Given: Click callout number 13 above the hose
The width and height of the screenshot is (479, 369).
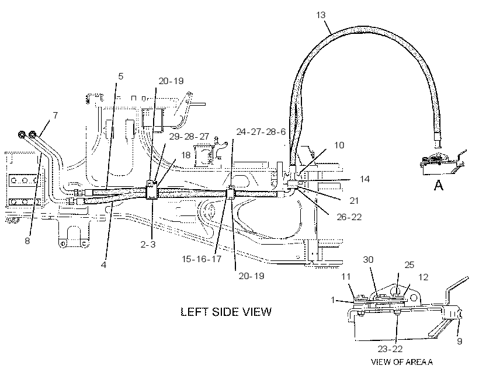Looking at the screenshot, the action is [321, 15].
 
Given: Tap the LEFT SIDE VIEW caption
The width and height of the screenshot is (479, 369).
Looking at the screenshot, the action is [226, 312].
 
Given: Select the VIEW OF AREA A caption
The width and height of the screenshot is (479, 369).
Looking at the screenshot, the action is [402, 362].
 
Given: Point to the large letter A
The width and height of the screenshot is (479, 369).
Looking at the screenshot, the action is [439, 185].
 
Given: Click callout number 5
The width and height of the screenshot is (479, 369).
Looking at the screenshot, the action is [121, 76].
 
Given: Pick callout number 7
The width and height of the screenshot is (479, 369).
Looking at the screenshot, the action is [55, 116].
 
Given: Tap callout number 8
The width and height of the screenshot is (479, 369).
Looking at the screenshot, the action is [27, 241].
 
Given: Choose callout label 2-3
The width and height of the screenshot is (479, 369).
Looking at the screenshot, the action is [148, 244].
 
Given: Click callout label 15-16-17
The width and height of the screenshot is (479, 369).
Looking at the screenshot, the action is [202, 259].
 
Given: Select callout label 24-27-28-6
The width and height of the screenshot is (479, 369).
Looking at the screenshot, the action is [261, 132].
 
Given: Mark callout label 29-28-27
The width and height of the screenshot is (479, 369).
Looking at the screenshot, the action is [189, 137].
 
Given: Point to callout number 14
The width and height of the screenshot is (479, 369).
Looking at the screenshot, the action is [365, 179].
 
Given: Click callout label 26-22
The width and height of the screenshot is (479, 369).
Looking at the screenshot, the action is [349, 217].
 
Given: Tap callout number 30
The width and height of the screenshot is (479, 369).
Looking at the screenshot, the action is [368, 259].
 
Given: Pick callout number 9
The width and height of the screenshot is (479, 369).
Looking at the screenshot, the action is [460, 341].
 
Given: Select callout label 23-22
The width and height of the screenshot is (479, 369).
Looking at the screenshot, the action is [390, 349].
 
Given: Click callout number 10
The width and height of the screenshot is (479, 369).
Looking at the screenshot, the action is [339, 145].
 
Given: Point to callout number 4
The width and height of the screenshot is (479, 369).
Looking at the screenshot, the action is [103, 265].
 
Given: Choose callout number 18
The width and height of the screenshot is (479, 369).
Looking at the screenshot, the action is [186, 155].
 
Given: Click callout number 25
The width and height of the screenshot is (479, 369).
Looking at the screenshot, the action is [409, 265].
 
